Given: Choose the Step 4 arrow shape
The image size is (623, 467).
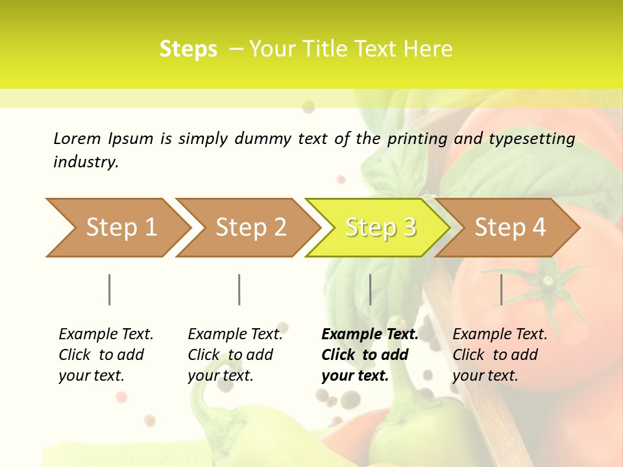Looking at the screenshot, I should coord(509,228).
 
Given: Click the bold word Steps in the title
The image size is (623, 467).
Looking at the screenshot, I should coord(188,49).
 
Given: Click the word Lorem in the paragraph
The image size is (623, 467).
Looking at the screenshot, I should coord(77,138).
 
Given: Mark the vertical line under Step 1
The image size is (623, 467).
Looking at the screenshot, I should coord(110,289).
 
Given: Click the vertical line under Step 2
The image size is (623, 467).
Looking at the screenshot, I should coord(239,289).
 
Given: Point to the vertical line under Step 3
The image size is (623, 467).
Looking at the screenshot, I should coord(370,289).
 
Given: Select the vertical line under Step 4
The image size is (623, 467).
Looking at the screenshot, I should coord(501,289).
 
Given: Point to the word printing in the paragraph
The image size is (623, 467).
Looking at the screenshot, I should coord(417,139).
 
